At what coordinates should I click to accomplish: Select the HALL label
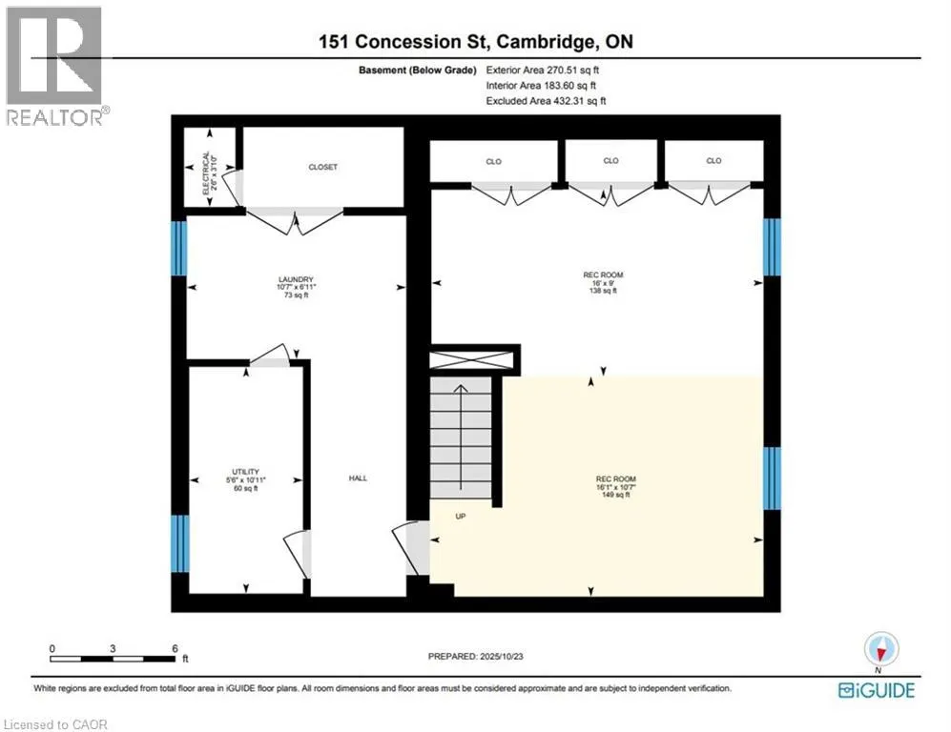pos(358,478)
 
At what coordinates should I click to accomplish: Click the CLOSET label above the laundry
pos(322,167)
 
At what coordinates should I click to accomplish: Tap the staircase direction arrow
pos(461,429)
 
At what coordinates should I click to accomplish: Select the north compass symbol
pos(880,650)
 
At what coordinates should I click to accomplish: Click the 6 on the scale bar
pos(173,648)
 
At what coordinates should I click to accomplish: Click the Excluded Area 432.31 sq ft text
pos(546,100)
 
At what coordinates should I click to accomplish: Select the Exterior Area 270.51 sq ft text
pos(542,70)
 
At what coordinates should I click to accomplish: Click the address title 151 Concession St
pos(474,41)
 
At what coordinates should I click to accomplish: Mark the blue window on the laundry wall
pos(178,248)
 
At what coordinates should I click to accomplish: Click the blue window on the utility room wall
pos(178,544)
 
